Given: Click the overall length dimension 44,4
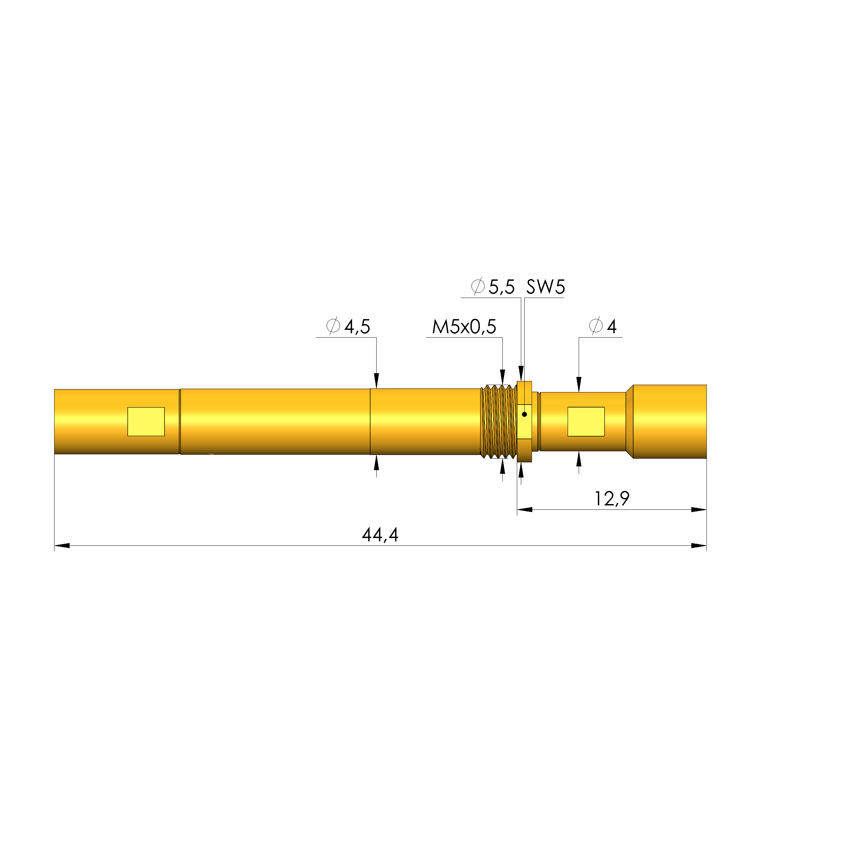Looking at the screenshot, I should tap(380, 535).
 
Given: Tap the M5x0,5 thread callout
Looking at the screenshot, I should tap(464, 327).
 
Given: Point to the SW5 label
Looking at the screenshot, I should tap(545, 287).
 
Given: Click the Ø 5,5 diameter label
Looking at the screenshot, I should tap(493, 287).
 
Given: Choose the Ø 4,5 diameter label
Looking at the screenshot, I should tap(348, 327).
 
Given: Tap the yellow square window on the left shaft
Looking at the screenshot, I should tap(146, 421).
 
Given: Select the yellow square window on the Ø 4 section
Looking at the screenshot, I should tap(586, 421).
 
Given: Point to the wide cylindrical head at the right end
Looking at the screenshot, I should tap(669, 421).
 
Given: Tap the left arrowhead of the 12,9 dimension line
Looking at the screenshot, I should tap(525, 509).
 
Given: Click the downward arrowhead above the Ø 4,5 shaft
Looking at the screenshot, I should tap(377, 380).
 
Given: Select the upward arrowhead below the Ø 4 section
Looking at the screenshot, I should tap(579, 459).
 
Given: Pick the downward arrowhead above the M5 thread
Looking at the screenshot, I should tap(502, 376).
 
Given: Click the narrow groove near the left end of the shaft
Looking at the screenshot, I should tap(180, 421).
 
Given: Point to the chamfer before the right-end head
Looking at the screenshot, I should tap(629, 421).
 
